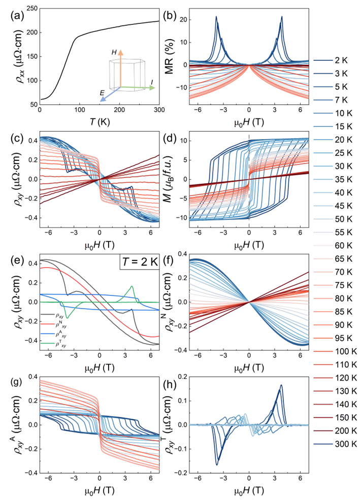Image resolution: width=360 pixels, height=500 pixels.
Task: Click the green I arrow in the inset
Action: click(x=141, y=87)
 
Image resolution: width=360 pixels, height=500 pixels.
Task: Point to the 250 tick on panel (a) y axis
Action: click(x=30, y=9)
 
